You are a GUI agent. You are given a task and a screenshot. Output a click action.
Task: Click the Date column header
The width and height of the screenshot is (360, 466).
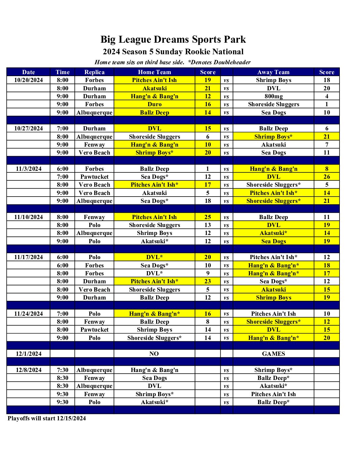[28, 72]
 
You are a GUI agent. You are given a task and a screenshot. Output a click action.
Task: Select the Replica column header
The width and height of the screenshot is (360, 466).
[94, 72]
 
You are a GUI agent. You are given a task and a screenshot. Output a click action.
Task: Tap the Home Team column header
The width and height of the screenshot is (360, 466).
[155, 72]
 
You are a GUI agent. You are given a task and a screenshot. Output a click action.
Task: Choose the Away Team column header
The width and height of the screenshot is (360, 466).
[273, 72]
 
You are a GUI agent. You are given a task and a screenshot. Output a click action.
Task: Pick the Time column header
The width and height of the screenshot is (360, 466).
[63, 72]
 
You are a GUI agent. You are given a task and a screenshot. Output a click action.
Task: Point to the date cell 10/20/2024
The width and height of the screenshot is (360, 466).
[28, 80]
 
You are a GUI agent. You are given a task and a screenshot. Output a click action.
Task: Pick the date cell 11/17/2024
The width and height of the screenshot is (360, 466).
[28, 257]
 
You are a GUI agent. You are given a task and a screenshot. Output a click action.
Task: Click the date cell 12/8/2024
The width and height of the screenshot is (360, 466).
[28, 370]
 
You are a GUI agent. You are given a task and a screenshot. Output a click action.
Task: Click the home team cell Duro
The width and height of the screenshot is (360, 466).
[155, 104]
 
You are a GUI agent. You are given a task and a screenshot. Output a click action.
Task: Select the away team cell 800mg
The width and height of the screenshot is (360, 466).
[273, 96]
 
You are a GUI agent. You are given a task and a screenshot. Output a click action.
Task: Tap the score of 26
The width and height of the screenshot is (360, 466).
[327, 177]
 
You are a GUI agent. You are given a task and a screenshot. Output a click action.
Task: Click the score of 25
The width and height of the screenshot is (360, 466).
[207, 217]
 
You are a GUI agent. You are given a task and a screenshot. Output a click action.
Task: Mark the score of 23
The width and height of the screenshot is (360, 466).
[207, 281]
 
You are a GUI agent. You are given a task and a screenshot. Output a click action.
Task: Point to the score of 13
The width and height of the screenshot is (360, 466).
[207, 225]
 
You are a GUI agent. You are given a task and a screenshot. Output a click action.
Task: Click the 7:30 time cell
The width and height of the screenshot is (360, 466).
[63, 370]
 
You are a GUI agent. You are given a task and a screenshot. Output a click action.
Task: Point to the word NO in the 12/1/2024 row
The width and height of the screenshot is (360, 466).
[154, 354]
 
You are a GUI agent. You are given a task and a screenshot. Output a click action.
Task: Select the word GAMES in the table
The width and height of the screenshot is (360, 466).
[273, 354]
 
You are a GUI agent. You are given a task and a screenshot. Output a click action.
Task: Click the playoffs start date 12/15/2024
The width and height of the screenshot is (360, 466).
[71, 418]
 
